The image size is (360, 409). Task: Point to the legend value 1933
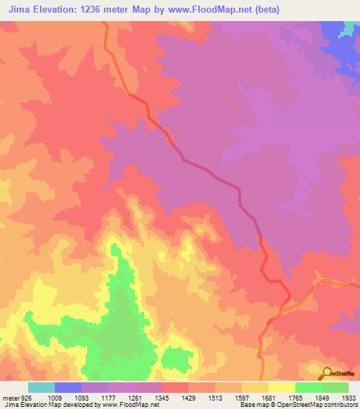click(349, 397)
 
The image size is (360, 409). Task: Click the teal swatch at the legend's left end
click(41, 387)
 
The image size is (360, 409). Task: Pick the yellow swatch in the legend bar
click(281, 387)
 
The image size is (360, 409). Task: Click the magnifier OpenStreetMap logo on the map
click(326, 372)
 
